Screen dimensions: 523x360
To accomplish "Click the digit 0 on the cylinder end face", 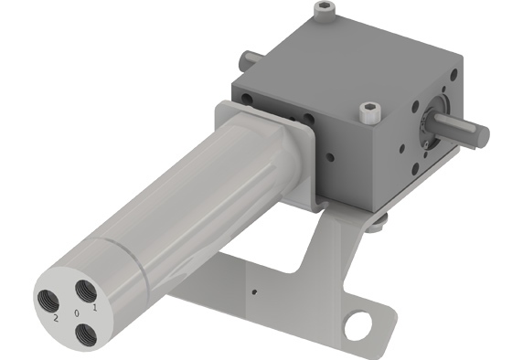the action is pos(77,313).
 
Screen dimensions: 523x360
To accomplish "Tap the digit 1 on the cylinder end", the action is pos(95,308).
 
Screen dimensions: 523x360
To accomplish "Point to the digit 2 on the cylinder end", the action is pos(56,318).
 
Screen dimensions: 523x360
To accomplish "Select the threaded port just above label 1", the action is pos(86,291).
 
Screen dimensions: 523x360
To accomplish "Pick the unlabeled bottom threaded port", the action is pos(86,335).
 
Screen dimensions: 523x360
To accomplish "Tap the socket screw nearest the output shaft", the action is pos(370,113).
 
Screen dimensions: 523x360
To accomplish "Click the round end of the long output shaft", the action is pos(483,137).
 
